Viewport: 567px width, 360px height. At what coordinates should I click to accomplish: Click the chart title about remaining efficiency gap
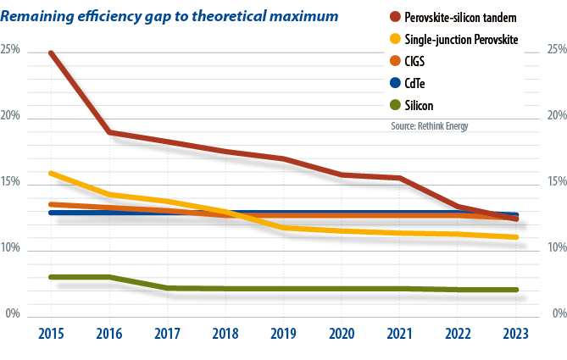(170, 15)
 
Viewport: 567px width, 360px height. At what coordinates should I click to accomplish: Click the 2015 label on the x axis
(53, 334)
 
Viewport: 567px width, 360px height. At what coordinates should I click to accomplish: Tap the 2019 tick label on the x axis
(284, 334)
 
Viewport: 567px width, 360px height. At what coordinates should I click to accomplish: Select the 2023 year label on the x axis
(515, 334)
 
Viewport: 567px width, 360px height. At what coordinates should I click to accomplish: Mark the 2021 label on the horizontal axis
(400, 334)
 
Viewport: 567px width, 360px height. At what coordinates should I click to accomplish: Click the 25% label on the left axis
(11, 50)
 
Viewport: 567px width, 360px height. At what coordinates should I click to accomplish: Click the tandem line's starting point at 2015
(53, 53)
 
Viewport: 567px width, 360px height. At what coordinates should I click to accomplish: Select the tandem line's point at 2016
(110, 132)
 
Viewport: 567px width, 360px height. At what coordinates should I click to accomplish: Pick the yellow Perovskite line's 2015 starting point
(53, 173)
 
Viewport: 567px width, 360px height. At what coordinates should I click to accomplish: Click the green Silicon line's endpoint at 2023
(515, 290)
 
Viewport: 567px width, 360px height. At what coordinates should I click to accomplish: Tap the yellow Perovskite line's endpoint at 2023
(515, 237)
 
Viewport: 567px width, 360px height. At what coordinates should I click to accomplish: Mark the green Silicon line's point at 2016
(110, 277)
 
